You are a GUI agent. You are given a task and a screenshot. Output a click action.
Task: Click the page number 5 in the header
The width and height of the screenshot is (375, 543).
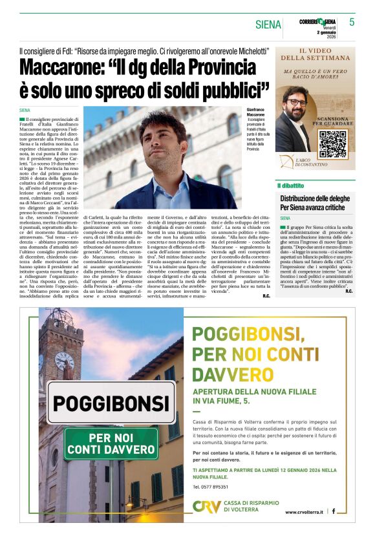coord(352,21)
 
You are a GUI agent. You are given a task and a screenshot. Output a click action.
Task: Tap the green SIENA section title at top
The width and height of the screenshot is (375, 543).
coord(268,25)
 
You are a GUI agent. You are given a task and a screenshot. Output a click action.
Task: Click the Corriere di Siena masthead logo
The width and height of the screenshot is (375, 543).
coord(317,22)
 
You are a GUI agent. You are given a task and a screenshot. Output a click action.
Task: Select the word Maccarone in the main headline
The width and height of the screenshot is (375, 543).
coord(67,67)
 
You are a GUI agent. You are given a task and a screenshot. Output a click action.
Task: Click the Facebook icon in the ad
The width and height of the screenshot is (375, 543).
coord(334,511)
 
